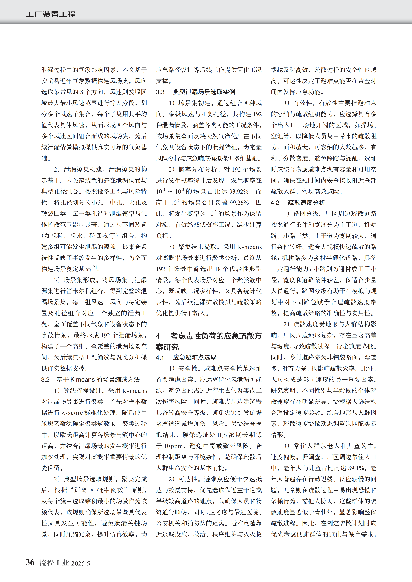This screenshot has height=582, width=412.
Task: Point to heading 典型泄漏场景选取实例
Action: point(204,92)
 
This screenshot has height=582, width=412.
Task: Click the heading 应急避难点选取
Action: point(195,357)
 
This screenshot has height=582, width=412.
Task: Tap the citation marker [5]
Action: point(95,267)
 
